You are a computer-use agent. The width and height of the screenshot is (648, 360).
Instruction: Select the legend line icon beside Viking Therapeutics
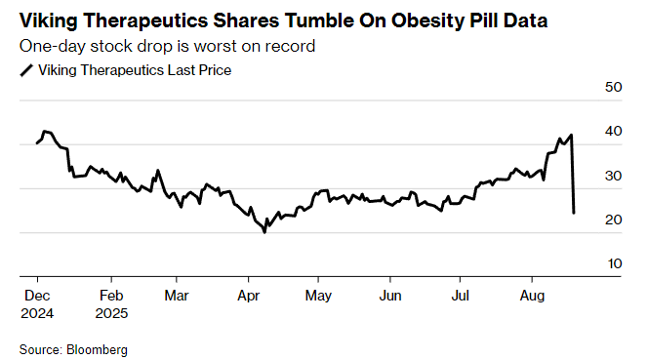tap(26, 70)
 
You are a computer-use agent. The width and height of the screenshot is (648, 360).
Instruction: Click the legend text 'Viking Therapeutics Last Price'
tap(134, 70)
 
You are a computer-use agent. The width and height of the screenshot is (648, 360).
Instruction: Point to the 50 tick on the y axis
tap(613, 88)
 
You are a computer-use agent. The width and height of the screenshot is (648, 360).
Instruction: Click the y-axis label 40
tap(613, 132)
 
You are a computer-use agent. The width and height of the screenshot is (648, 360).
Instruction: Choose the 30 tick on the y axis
tap(613, 176)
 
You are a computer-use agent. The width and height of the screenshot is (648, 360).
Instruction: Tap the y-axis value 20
tap(613, 220)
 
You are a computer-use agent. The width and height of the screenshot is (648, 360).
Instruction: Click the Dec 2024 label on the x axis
tap(37, 303)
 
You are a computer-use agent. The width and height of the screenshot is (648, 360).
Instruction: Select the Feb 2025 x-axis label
tap(110, 303)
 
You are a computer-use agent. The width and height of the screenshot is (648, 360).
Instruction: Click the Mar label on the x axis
tap(177, 294)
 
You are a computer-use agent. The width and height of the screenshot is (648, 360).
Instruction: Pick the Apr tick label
tap(248, 294)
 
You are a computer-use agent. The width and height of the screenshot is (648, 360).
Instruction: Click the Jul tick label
tap(461, 294)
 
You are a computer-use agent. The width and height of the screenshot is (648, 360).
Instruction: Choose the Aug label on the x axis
tap(533, 294)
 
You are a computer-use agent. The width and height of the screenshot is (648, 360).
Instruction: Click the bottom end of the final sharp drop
tap(573, 213)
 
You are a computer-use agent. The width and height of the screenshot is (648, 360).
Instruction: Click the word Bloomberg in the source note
tap(98, 348)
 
